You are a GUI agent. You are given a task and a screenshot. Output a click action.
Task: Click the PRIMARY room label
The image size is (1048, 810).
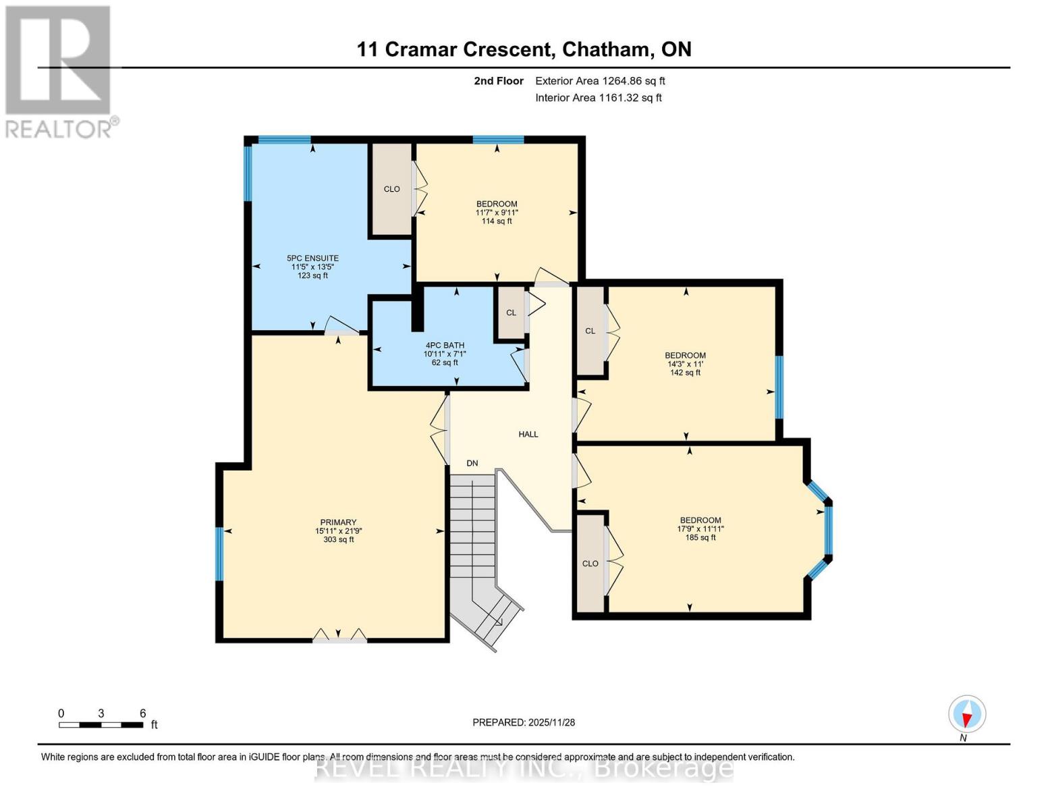coord(338,522)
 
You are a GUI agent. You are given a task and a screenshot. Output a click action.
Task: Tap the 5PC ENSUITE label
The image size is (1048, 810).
coord(312,258)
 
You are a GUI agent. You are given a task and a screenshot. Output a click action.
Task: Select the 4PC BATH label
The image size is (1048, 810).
coord(444,345)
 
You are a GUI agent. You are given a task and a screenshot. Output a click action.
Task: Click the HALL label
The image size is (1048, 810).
coord(528,434)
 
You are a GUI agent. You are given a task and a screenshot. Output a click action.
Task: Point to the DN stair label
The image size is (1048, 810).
coord(472,463)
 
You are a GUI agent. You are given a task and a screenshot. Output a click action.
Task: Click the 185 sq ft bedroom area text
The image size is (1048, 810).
coord(700,537)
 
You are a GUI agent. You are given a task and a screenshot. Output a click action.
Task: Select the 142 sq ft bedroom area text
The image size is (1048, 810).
coord(685,373)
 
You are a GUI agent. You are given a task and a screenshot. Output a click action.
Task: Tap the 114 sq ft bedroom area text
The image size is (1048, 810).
coord(497,221)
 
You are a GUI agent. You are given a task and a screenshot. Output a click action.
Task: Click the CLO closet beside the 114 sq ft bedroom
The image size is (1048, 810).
coord(391,189)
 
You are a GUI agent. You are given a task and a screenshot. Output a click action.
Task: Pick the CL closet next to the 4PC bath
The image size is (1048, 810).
coord(511,313)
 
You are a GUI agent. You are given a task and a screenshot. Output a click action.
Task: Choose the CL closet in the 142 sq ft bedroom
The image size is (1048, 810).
coord(590,331)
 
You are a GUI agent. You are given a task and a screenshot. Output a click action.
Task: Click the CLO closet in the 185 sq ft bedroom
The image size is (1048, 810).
coord(590,564)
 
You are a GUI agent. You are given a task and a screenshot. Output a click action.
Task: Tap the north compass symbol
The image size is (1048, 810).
coord(967,714)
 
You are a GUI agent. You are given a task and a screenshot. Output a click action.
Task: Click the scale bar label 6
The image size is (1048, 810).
coord(142,713)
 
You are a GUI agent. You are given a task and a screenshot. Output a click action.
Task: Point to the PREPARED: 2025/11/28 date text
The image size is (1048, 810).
coord(524,722)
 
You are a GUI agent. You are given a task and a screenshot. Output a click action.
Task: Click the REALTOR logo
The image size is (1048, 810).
coord(59,71)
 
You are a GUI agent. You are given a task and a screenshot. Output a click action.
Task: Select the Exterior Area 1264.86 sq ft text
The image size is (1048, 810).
coord(600,81)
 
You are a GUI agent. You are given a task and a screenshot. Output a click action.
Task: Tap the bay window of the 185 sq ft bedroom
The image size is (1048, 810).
coord(828,530)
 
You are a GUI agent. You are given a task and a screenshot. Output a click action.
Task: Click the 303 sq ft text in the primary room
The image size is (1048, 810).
coord(338,539)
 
